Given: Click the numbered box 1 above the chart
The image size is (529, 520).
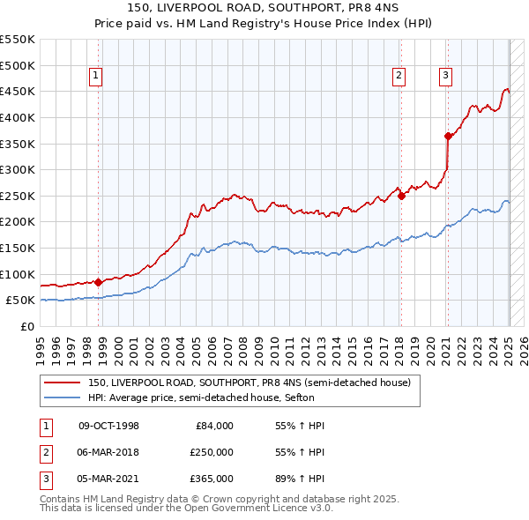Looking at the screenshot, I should [x=95, y=77].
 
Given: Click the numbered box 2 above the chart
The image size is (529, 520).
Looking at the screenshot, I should [x=399, y=77].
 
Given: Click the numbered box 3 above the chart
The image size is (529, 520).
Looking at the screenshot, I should [x=446, y=77].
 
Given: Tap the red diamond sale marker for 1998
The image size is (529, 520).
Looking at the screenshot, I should [x=98, y=282].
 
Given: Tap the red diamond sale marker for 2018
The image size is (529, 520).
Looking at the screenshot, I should [x=401, y=196].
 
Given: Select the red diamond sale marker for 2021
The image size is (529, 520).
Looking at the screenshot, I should [x=448, y=136].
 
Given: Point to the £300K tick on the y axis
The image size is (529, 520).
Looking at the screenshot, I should [x=19, y=169].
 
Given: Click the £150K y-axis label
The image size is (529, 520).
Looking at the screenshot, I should [x=19, y=248].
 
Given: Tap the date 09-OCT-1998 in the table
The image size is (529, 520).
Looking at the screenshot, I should [x=109, y=426].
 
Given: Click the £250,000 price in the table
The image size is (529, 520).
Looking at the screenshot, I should [x=212, y=452].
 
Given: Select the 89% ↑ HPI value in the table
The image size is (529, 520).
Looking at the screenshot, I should [x=294, y=479].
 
